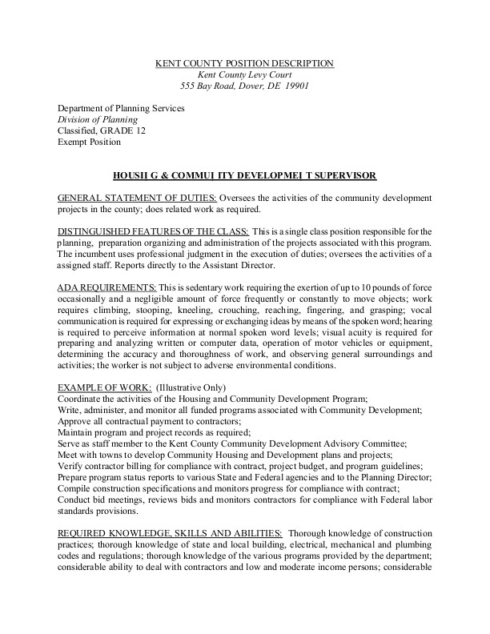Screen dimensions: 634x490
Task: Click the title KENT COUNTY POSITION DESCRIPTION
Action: tap(244, 63)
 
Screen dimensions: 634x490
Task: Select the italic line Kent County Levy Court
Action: tap(244, 74)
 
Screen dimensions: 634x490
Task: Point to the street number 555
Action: tap(188, 86)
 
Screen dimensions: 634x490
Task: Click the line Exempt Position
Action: tap(89, 142)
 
